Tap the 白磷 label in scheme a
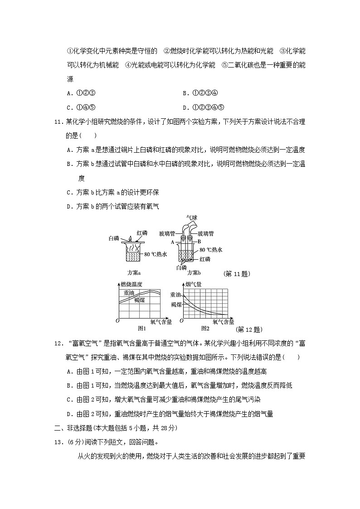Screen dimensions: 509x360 coord(114,238)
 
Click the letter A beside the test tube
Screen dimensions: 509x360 coord(173,242)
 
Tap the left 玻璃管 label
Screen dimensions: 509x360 coord(166,234)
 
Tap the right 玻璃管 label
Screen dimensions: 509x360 coord(208,234)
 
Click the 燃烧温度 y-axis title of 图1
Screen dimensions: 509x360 coord(131,285)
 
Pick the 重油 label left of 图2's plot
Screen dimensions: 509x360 coord(175,295)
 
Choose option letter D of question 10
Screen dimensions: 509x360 coord(185,107)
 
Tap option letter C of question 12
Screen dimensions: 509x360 coord(69,400)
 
